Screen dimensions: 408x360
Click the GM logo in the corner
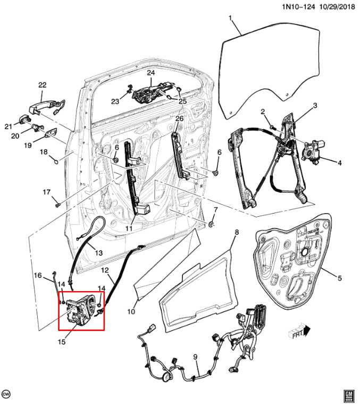pyautogui.click(x=348, y=395)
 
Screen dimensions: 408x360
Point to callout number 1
pyautogui.click(x=230, y=19)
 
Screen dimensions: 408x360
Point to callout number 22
pyautogui.click(x=42, y=85)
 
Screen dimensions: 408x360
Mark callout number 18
pyautogui.click(x=44, y=152)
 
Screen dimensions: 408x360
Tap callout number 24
pyautogui.click(x=150, y=72)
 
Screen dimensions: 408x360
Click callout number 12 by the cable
pyautogui.click(x=105, y=270)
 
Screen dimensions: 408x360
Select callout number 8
pyautogui.click(x=237, y=232)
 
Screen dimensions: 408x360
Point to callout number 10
pyautogui.click(x=131, y=312)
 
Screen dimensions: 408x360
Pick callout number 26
pyautogui.click(x=179, y=118)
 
